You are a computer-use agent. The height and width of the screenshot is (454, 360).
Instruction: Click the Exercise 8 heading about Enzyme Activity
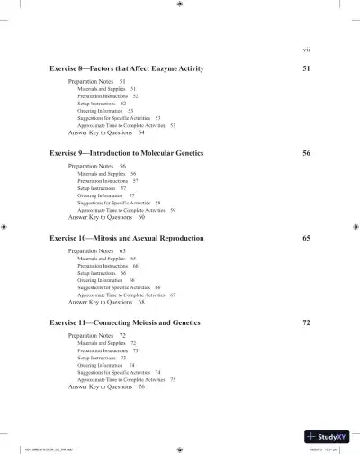(126, 69)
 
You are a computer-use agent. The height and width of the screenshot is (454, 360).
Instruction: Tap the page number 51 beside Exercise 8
(306, 69)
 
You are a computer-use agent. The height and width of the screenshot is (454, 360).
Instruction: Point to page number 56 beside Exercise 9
(306, 154)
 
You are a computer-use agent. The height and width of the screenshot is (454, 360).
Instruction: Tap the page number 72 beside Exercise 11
(306, 322)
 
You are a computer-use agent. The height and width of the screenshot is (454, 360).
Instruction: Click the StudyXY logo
(325, 434)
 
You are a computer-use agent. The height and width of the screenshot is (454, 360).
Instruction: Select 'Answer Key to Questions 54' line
(106, 132)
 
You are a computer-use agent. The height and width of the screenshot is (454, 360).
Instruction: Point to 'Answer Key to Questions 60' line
(106, 217)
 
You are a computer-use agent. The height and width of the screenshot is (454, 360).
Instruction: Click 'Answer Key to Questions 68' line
(106, 302)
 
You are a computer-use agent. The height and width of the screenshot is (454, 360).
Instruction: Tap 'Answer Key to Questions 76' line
(106, 386)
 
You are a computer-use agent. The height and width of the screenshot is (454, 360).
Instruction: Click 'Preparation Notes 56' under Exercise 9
(97, 167)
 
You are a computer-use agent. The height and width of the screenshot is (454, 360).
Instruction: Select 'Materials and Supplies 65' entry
(106, 259)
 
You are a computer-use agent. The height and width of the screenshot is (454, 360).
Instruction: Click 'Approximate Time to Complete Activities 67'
(126, 295)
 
